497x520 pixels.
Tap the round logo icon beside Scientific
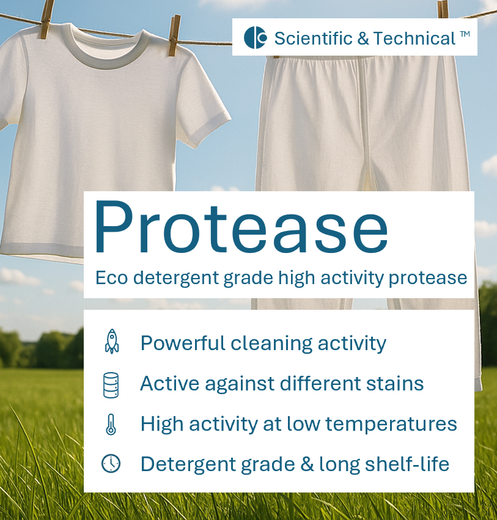(256, 38)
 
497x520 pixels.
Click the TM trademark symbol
(465, 34)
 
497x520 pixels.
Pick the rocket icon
(111, 341)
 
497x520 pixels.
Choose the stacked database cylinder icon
(111, 384)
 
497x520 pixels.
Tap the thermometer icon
(111, 423)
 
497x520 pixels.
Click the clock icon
(111, 464)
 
